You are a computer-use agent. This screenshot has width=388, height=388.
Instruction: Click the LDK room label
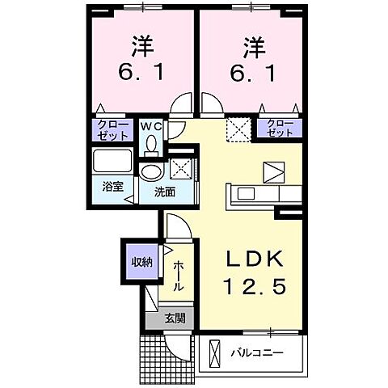pyautogui.click(x=252, y=259)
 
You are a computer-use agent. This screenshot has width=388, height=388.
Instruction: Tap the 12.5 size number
pyautogui.click(x=252, y=287)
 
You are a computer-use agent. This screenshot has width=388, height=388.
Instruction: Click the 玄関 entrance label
pyautogui.click(x=175, y=318)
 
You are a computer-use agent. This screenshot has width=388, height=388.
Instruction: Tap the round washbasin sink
pyautogui.click(x=150, y=173)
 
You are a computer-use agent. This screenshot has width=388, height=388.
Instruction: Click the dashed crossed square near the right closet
pyautogui.click(x=238, y=128)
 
